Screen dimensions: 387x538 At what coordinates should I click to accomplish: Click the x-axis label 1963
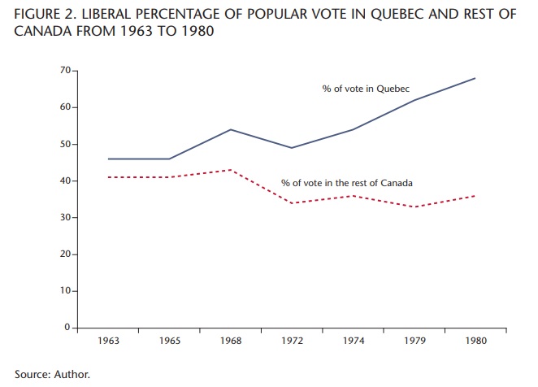point(108,341)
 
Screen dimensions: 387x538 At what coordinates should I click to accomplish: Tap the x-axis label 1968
point(231,341)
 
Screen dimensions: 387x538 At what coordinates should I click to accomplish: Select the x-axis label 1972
point(293,341)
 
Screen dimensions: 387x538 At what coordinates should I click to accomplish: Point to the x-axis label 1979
point(415,341)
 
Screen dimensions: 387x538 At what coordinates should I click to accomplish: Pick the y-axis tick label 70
point(65,71)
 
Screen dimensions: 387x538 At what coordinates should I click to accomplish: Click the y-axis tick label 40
point(65,180)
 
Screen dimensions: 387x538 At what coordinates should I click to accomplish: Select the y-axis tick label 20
point(65,254)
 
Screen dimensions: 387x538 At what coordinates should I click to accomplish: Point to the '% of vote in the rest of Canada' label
point(346,183)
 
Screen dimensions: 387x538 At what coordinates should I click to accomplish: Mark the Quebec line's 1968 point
point(231,129)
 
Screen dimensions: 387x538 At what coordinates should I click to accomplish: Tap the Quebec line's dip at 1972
point(293,148)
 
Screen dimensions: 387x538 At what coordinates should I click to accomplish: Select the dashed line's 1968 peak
point(231,170)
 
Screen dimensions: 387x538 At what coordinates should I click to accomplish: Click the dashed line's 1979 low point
point(415,207)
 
